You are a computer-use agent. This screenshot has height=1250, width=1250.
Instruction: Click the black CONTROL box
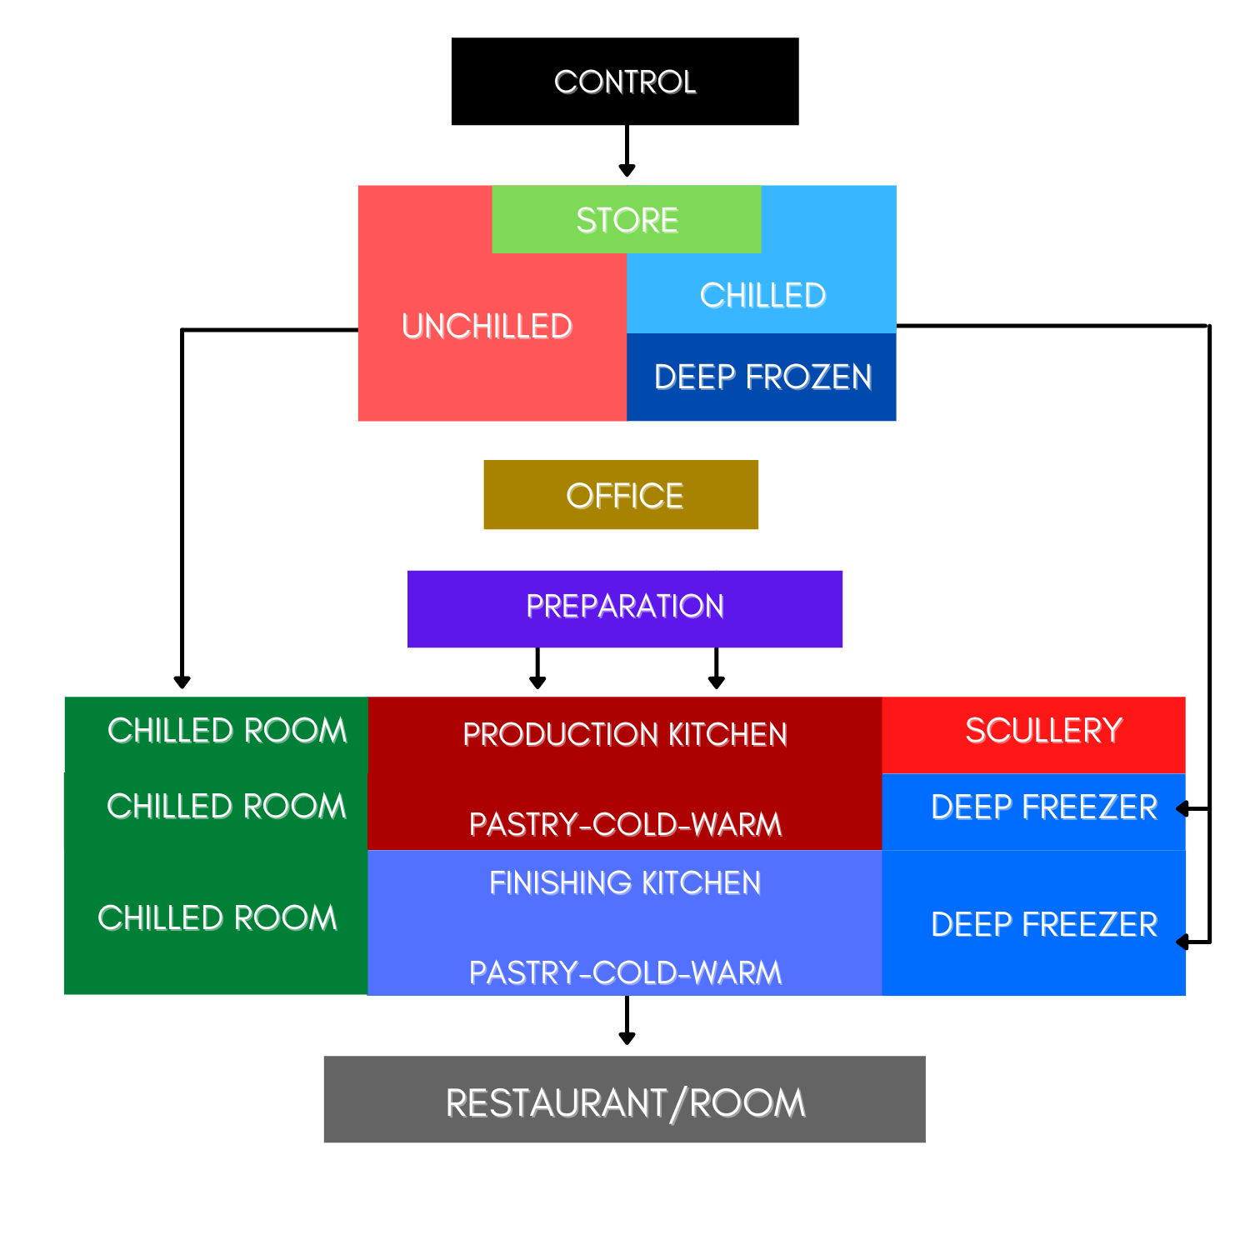click(x=625, y=82)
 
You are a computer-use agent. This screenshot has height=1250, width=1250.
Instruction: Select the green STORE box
click(x=627, y=220)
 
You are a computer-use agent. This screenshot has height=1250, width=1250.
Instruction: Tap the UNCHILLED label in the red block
click(x=487, y=327)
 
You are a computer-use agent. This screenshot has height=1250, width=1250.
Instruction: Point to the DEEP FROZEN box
click(x=762, y=377)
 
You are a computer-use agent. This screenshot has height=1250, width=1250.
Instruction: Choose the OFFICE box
click(x=622, y=495)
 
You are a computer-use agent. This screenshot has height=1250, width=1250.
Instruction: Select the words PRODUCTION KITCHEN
click(x=625, y=735)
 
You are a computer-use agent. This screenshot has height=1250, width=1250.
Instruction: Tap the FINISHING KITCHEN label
click(x=625, y=883)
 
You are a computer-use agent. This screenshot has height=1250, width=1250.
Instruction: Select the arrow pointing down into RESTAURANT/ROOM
click(x=627, y=1022)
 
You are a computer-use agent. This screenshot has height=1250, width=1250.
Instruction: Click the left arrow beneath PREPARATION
click(x=537, y=669)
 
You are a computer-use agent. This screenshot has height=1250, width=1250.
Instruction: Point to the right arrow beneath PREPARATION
click(x=716, y=669)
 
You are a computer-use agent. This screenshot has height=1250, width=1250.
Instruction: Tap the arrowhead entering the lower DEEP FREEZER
click(x=1183, y=942)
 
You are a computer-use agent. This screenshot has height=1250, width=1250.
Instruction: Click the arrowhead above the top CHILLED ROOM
click(x=182, y=680)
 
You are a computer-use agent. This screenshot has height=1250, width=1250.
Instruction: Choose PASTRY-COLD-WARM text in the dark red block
click(x=625, y=825)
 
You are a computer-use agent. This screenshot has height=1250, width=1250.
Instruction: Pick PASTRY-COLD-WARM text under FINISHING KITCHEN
click(x=625, y=973)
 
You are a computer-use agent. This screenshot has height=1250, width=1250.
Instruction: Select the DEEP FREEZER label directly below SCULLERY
click(x=1043, y=807)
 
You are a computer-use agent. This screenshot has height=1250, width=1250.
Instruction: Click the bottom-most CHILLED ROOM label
click(x=217, y=918)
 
